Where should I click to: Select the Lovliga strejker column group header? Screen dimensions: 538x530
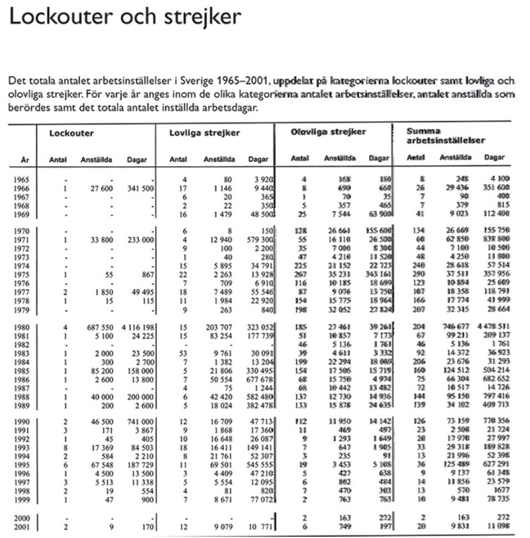point(205,133)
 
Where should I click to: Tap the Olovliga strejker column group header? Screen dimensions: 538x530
point(328,132)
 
